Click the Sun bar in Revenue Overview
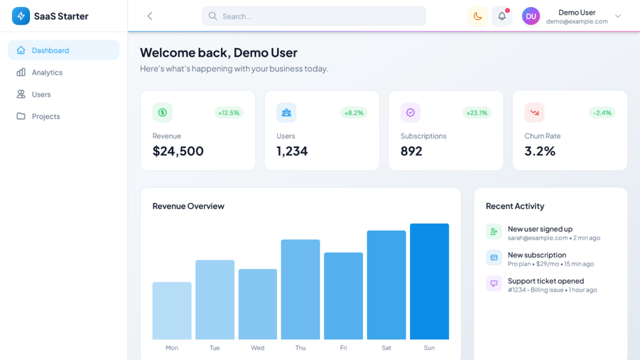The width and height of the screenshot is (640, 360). pyautogui.click(x=429, y=281)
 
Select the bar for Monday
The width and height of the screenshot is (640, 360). pyautogui.click(x=172, y=310)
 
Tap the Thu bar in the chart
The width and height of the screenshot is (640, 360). pyautogui.click(x=301, y=289)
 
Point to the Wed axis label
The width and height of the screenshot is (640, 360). pyautogui.click(x=257, y=348)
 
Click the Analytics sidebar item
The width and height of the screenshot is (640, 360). pyautogui.click(x=47, y=73)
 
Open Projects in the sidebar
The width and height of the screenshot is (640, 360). pyautogui.click(x=46, y=117)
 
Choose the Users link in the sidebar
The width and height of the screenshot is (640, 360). pyautogui.click(x=41, y=94)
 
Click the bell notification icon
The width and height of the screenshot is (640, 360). pyautogui.click(x=502, y=17)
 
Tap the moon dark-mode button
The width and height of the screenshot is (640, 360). pyautogui.click(x=478, y=17)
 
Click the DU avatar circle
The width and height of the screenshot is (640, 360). pyautogui.click(x=531, y=17)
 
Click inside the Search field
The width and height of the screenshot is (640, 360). pyautogui.click(x=313, y=17)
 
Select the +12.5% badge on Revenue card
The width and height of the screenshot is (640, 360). pyautogui.click(x=229, y=113)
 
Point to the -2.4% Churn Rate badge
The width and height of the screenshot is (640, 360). pyautogui.click(x=602, y=113)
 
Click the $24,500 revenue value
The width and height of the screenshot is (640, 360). pyautogui.click(x=178, y=151)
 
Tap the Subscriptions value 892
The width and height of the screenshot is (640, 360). pyautogui.click(x=411, y=151)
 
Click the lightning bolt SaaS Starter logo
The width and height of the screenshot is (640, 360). pyautogui.click(x=21, y=16)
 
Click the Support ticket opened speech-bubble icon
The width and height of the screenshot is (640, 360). pyautogui.click(x=494, y=284)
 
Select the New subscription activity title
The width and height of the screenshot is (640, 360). pyautogui.click(x=537, y=255)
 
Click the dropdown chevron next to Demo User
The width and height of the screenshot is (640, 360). pyautogui.click(x=618, y=17)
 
